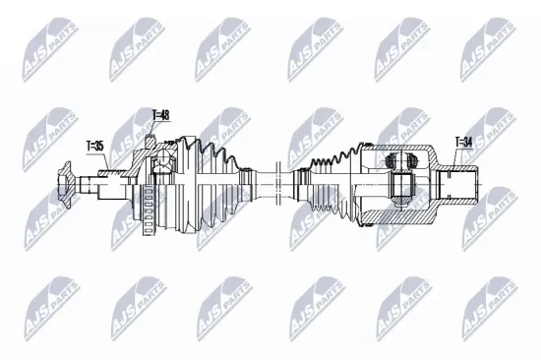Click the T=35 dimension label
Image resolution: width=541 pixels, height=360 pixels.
(95, 147)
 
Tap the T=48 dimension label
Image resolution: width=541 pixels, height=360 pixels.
(160, 115)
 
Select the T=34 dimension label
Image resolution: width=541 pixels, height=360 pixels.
(463, 142)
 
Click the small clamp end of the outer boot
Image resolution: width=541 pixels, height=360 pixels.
(246, 180)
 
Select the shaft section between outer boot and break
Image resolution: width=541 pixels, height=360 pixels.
(264, 181)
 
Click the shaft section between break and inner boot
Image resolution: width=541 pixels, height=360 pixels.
(292, 181)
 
